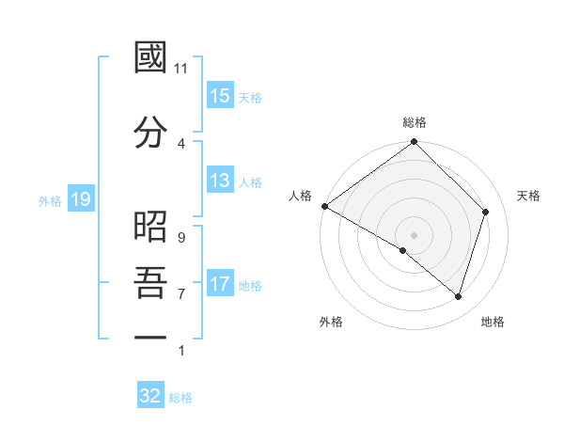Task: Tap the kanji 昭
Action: point(150,226)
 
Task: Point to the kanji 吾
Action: point(150,282)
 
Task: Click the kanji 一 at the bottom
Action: point(150,336)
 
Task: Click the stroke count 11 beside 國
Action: point(181,68)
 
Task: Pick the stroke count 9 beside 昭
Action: point(180,237)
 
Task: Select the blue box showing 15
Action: point(220,96)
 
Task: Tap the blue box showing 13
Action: point(220,181)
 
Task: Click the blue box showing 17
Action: point(220,284)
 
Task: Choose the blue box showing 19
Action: point(80,199)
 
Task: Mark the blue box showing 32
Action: point(150,396)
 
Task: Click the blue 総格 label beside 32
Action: point(180,398)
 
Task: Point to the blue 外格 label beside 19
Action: point(50,200)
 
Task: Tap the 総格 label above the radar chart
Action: point(415,122)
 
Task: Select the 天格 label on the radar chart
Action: point(528,196)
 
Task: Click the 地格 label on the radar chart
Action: point(493,322)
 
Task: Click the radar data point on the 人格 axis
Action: point(324,206)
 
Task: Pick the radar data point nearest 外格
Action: point(403,250)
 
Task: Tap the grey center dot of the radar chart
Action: point(414,234)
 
